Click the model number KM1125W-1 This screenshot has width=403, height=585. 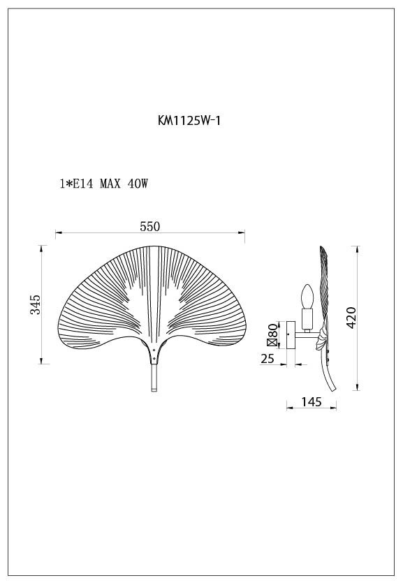click(190, 120)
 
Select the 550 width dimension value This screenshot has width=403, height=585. click(150, 226)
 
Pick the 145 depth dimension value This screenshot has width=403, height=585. click(311, 401)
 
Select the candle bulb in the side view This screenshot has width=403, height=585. click(305, 298)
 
